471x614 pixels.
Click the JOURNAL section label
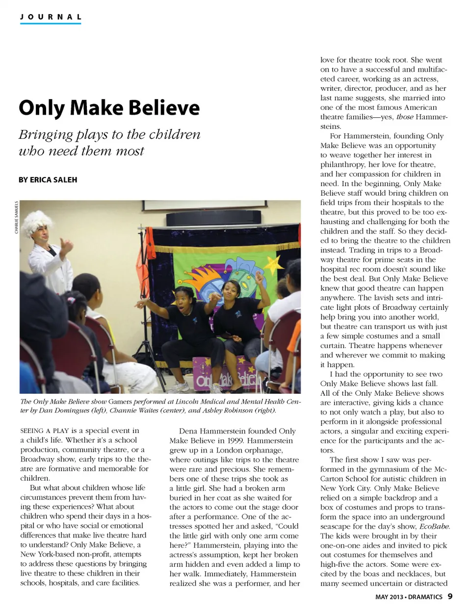click(x=51, y=17)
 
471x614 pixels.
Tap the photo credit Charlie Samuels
click(x=16, y=217)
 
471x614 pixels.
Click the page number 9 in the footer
click(x=450, y=597)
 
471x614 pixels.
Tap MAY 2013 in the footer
click(x=389, y=597)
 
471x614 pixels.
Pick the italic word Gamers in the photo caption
click(x=120, y=401)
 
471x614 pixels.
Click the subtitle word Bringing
click(x=46, y=134)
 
